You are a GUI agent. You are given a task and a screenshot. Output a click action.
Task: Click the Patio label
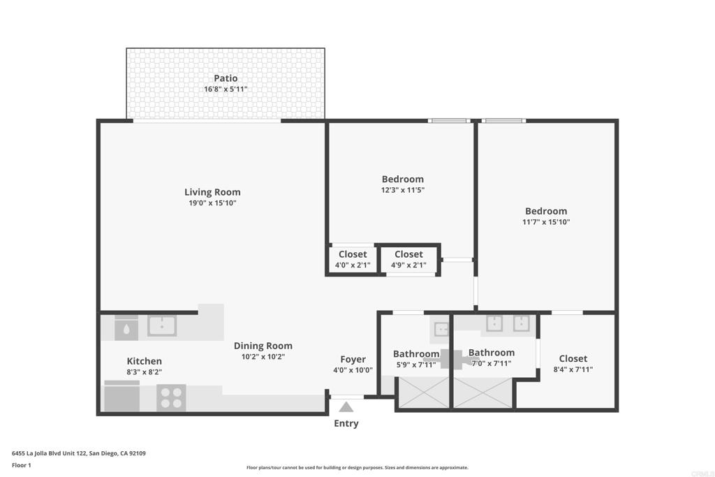coord(226,78)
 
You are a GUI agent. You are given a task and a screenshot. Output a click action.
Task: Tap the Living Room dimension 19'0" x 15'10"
coord(212,203)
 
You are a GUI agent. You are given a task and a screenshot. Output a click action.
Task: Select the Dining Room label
coord(263,346)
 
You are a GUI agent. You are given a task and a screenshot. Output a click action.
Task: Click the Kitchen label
coord(144,361)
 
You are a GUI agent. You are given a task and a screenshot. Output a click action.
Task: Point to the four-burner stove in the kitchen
coord(171,397)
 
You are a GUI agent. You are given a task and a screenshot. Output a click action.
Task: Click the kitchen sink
coord(162,325)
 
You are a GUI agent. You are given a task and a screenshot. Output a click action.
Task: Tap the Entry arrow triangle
coord(346,406)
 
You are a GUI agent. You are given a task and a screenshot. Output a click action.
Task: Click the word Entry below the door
coord(346,423)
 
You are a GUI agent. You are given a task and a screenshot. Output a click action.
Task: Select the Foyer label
coord(353,360)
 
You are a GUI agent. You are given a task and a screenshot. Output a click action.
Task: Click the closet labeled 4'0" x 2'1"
coord(353,260)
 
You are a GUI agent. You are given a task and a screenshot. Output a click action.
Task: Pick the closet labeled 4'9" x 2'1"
coord(408,260)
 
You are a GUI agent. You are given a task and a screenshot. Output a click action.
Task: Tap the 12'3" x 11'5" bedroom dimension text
coord(403,190)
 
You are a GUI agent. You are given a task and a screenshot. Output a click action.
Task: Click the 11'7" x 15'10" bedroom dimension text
coord(546,222)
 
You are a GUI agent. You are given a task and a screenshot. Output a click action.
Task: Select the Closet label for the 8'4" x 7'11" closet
coord(573,358)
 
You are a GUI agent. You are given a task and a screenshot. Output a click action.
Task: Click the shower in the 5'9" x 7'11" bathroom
coord(424,392)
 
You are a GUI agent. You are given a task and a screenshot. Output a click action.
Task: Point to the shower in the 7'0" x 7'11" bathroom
coord(483,392)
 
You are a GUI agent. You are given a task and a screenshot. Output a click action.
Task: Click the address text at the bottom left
coord(79,453)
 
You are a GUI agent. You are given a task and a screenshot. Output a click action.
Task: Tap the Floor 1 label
coord(22,465)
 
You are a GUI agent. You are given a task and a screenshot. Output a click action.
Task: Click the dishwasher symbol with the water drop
coord(126,328)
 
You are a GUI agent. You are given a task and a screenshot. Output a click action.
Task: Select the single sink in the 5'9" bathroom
coord(441,329)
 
